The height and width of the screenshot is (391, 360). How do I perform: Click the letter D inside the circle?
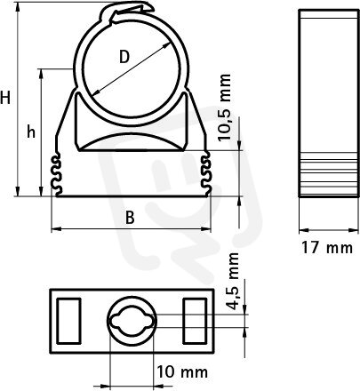[x=124, y=57]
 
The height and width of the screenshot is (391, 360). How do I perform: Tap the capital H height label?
[x=5, y=98]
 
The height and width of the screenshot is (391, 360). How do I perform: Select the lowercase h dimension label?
[x=31, y=132]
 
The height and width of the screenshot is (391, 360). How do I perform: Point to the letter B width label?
[x=130, y=218]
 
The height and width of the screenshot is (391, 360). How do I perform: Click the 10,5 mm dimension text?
[x=224, y=108]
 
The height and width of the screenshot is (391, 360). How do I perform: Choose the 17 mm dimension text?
[x=327, y=247]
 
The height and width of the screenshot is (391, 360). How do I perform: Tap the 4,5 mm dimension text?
[x=234, y=281]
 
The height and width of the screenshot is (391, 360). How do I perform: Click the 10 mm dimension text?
[x=182, y=371]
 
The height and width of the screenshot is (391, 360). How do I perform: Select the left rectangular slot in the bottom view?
[x=68, y=321]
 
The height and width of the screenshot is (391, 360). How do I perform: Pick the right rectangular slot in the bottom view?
[x=195, y=321]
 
